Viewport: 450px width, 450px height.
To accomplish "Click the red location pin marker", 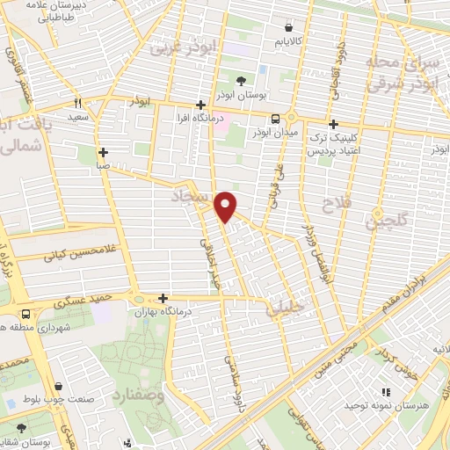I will pyautogui.click(x=227, y=206).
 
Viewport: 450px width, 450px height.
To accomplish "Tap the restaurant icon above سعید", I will pyautogui.click(x=78, y=101).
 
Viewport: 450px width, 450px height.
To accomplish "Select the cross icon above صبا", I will pyautogui.click(x=104, y=151).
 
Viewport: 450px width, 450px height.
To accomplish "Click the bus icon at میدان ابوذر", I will pyautogui.click(x=276, y=119).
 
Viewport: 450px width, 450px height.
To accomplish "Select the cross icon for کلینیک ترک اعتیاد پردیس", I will pyautogui.click(x=333, y=125).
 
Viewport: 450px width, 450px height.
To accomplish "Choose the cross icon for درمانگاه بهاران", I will pyautogui.click(x=163, y=299).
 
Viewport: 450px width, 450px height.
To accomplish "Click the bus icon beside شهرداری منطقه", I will pyautogui.click(x=24, y=314).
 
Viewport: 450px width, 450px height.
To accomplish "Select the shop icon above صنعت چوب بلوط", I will pyautogui.click(x=58, y=386).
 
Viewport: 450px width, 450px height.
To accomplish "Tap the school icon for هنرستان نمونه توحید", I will pyautogui.click(x=384, y=393).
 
